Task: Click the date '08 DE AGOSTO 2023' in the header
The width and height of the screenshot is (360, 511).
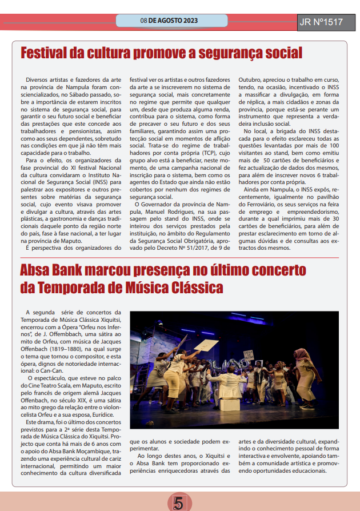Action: coord(169,21)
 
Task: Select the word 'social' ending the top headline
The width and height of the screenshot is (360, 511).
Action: coord(279,53)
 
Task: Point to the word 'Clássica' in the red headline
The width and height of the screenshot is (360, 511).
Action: coord(191,286)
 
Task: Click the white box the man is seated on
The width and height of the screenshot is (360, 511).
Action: coord(229,404)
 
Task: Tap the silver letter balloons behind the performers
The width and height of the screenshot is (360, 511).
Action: coord(229,364)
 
